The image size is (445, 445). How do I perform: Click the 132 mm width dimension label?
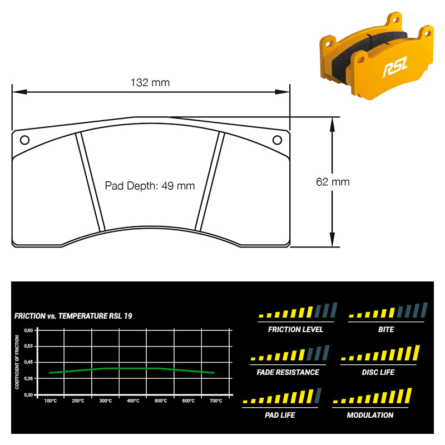150,82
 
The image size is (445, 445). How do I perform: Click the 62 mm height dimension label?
333,182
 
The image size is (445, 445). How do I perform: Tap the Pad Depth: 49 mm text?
150,186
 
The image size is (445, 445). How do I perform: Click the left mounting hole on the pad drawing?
24,140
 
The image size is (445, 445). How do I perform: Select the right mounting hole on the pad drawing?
277,140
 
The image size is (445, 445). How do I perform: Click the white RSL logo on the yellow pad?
395,67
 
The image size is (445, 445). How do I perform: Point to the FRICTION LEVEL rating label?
295,329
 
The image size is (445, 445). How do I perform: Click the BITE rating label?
386,329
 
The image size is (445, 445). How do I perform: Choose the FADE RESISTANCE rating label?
288,372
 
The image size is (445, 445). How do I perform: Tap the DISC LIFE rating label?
378,372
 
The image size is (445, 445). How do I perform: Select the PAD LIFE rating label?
280,415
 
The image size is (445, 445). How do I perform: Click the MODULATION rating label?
370,415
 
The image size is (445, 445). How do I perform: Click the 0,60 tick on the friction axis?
28,330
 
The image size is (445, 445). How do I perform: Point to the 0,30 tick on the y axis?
28,395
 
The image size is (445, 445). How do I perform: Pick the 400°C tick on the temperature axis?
133,400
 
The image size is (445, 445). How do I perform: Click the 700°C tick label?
216,400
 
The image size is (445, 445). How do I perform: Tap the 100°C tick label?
51,400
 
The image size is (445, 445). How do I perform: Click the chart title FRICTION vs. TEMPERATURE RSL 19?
73,316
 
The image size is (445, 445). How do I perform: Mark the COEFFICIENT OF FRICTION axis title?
17,362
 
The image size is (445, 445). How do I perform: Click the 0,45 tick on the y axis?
28,362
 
